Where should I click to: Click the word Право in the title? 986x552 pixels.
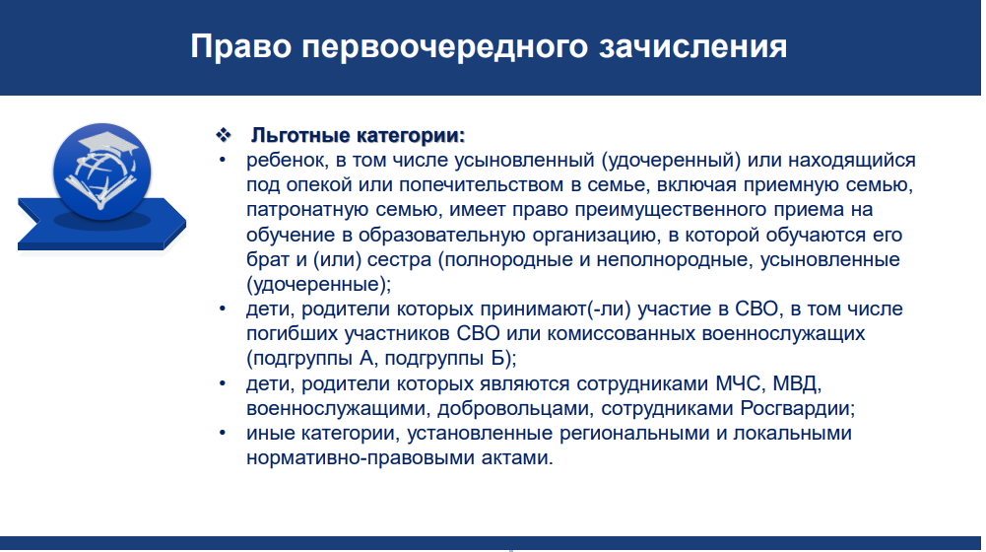tap(241, 47)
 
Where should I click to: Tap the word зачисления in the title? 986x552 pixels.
tap(693, 47)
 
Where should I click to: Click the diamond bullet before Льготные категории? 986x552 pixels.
tap(224, 135)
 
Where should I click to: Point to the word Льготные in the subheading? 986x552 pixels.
tap(300, 135)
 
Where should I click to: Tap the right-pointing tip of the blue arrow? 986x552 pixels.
tap(185, 222)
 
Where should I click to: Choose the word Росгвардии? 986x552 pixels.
tap(797, 408)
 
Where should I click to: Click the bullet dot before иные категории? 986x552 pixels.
tap(222, 433)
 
